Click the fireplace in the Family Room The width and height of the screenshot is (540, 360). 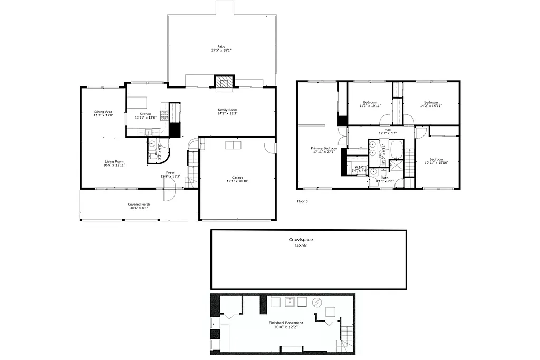pos(223,82)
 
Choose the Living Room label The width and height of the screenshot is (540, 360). pos(114,163)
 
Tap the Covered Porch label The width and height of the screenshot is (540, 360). pos(139,206)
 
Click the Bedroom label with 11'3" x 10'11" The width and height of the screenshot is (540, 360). pos(370,104)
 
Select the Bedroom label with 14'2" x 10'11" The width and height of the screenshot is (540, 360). pos(431,104)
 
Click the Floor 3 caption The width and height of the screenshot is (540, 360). pos(302,201)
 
